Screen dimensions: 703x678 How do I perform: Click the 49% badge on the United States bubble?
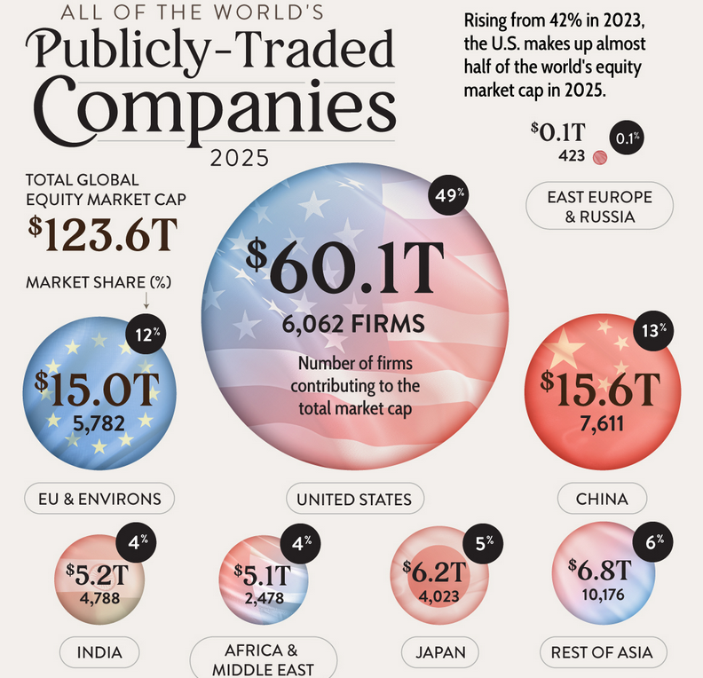(x=448, y=195)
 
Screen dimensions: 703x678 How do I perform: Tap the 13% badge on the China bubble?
(x=652, y=331)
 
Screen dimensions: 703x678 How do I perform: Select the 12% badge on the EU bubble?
(x=146, y=335)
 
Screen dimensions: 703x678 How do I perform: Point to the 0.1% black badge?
(x=627, y=138)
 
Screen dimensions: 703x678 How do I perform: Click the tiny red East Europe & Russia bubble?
(x=600, y=158)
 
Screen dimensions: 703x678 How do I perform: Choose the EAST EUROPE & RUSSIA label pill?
(x=599, y=206)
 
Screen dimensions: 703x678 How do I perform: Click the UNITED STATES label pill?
(x=355, y=499)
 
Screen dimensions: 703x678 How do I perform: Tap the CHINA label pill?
(x=602, y=499)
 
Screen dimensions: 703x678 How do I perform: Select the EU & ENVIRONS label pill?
(x=99, y=499)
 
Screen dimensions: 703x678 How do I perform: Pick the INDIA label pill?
(x=99, y=652)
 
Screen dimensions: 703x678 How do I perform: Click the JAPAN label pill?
(x=440, y=652)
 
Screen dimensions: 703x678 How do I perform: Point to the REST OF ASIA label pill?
(x=603, y=652)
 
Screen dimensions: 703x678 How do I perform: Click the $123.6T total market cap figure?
(x=103, y=234)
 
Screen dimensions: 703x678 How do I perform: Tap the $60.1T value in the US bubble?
(x=345, y=267)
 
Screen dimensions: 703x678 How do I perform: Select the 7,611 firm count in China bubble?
(x=602, y=423)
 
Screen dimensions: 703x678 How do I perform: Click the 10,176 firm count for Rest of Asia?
(x=603, y=595)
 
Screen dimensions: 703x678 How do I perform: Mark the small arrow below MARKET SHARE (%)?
(x=146, y=300)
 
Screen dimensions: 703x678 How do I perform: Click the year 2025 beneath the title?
(x=240, y=158)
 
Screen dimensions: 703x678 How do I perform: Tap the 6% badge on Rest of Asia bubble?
(x=652, y=541)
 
